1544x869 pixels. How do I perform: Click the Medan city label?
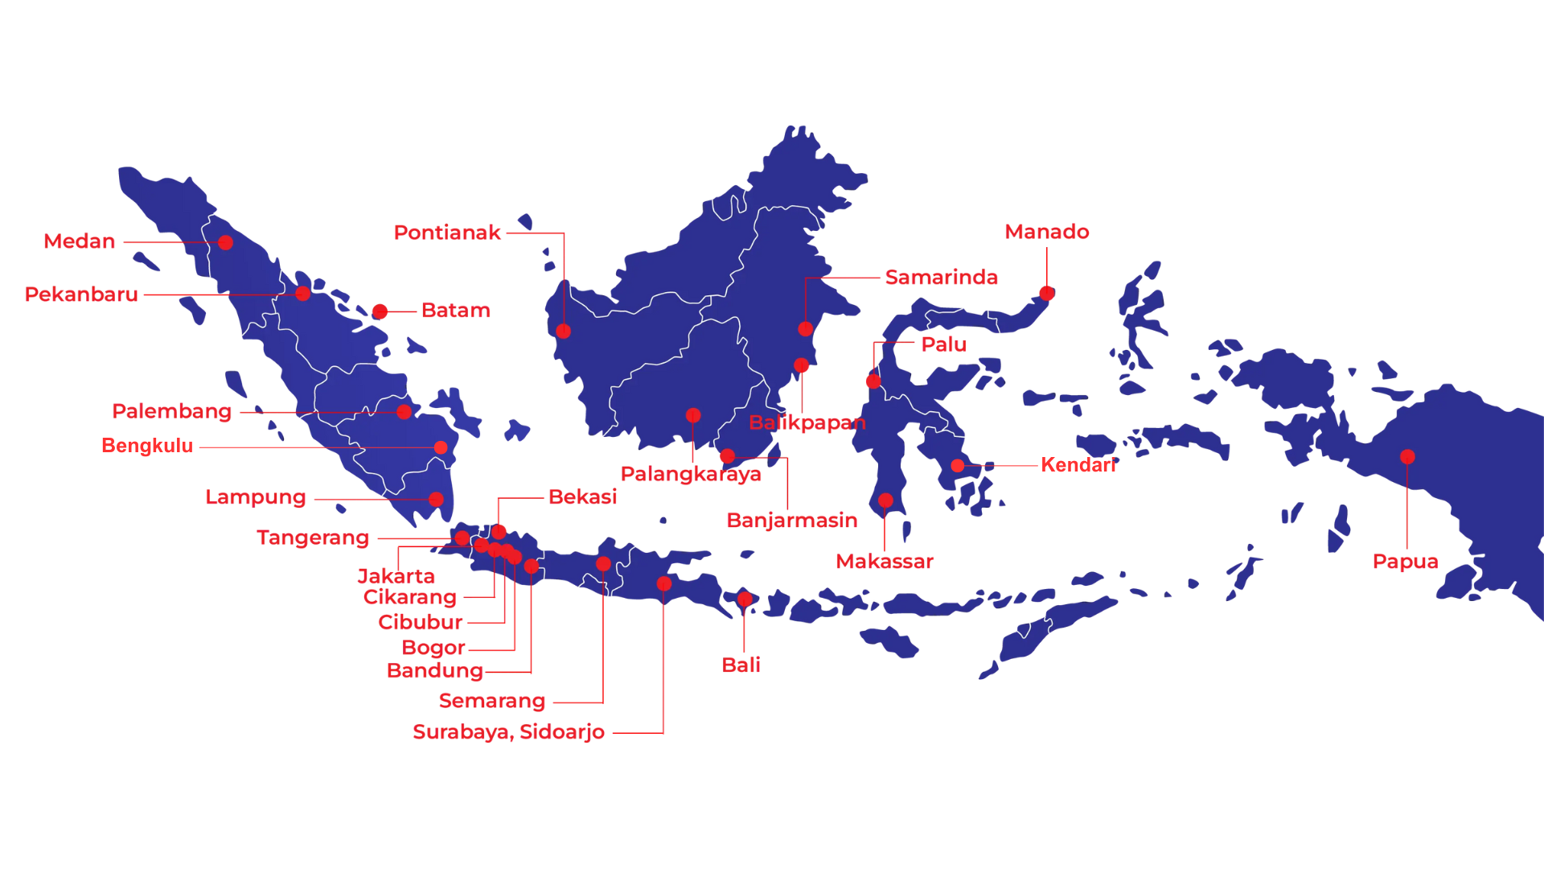(x=80, y=241)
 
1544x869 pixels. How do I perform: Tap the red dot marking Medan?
(x=226, y=242)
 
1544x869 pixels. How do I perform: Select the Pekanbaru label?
(x=81, y=294)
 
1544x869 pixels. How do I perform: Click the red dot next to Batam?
(x=380, y=311)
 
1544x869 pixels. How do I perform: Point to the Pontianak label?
(x=447, y=233)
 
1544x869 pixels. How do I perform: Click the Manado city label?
(x=1046, y=232)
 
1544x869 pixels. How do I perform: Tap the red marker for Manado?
(x=1046, y=294)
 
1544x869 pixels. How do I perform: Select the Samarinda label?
(x=941, y=278)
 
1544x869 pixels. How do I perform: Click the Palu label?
(x=943, y=344)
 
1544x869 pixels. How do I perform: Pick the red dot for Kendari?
(x=958, y=466)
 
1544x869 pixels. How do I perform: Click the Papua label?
(x=1405, y=562)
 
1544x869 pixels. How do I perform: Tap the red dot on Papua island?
(x=1407, y=457)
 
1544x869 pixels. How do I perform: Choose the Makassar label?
(x=884, y=562)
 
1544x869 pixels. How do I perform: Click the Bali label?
(x=741, y=665)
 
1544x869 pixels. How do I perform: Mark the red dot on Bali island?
(x=745, y=599)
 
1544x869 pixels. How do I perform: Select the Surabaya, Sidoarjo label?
(x=508, y=732)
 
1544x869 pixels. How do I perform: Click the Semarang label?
(x=492, y=702)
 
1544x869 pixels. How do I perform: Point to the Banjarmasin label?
(x=791, y=521)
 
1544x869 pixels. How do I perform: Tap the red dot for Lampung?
(x=436, y=500)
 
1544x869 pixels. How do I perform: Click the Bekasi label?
(x=582, y=497)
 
